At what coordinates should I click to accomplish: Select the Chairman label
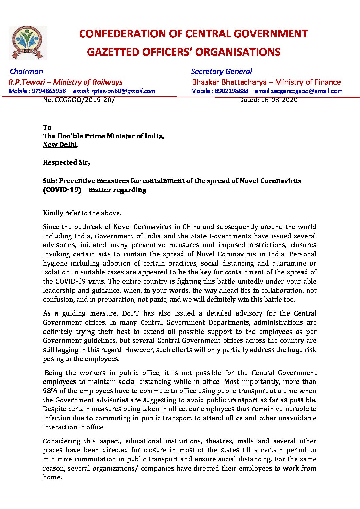(26, 71)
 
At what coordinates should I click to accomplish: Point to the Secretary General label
(221, 71)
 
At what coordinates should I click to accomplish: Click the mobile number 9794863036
(49, 91)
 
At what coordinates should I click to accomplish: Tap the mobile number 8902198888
(232, 91)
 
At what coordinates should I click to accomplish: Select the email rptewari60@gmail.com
(123, 91)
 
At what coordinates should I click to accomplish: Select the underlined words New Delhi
(60, 145)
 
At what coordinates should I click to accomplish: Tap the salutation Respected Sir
(66, 162)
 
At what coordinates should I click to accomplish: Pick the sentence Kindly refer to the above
(82, 213)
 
